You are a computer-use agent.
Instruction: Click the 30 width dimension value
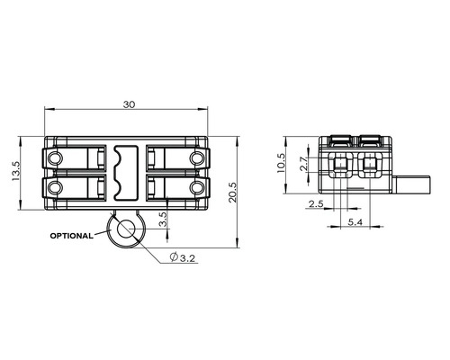(x=130, y=104)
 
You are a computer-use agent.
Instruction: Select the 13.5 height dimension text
(x=15, y=171)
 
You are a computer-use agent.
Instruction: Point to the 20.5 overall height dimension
(x=233, y=193)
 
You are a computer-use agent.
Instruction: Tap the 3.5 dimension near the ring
(x=163, y=220)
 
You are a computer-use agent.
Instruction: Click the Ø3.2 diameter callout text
(x=183, y=257)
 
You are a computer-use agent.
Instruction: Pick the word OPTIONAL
(x=71, y=236)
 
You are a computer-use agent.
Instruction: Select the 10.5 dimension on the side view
(x=282, y=164)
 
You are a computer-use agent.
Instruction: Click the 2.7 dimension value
(x=303, y=164)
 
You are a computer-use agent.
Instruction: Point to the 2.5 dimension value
(x=316, y=204)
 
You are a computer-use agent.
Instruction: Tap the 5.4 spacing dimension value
(x=355, y=222)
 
